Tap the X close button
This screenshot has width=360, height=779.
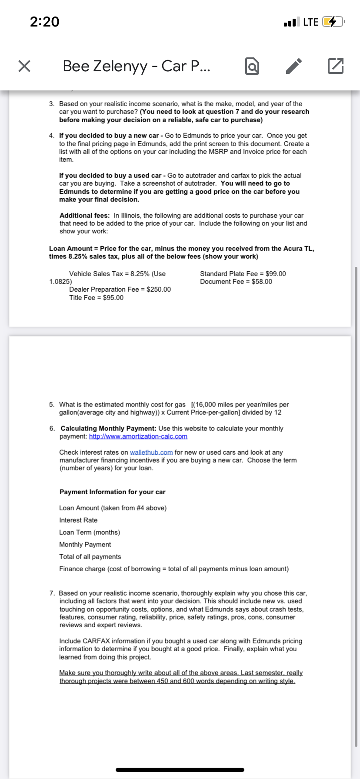24,66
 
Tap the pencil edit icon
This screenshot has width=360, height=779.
293,66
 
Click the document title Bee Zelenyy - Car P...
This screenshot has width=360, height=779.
137,66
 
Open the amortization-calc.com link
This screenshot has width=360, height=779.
138,436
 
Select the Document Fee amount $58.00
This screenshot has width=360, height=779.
262,282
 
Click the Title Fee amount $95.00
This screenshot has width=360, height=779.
113,298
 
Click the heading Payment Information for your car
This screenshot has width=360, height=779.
112,492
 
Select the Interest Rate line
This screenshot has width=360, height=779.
78,520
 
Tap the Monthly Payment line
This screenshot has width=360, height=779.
85,545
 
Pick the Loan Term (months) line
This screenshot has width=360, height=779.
90,533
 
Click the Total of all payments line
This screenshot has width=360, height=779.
90,557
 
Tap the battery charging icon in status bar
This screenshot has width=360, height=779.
333,22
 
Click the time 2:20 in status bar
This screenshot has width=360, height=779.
45,22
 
